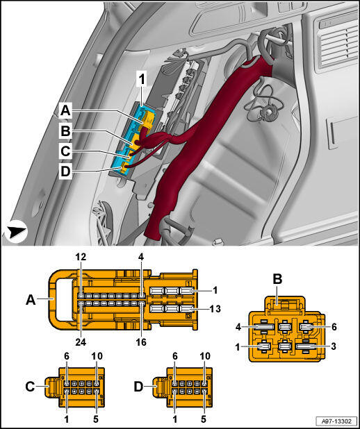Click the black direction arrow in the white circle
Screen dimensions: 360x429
[x=17, y=232]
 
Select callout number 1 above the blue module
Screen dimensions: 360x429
[x=142, y=80]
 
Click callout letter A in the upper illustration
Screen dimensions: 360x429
[x=65, y=111]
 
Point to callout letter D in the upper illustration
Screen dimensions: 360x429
[x=65, y=172]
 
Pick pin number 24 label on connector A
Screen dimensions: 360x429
[x=81, y=342]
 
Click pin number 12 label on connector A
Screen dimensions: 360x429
[x=81, y=257]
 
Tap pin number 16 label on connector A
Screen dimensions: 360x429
[x=141, y=342]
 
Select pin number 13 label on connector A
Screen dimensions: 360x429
[x=215, y=309]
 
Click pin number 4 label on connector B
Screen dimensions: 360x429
[x=238, y=327]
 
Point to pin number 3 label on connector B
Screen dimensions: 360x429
[x=334, y=346]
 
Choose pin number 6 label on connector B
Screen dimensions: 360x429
[x=334, y=327]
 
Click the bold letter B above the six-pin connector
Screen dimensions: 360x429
[x=277, y=280]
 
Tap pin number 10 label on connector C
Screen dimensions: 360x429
[x=97, y=356]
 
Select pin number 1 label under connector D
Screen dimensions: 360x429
[x=175, y=418]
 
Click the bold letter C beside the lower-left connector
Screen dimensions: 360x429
[x=30, y=387]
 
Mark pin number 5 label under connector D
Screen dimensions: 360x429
[x=204, y=418]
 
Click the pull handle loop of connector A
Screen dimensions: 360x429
[x=52, y=300]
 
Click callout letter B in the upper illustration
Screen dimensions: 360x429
[x=65, y=131]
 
